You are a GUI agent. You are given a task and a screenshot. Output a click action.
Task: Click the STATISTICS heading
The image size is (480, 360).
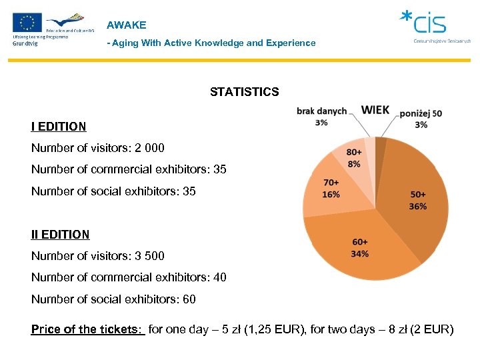click(244, 92)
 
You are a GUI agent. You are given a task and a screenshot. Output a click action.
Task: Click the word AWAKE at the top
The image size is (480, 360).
click(126, 25)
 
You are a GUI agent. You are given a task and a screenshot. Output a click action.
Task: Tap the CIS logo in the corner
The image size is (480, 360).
click(431, 25)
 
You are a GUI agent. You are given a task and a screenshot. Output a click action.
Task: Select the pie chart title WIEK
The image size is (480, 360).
click(375, 110)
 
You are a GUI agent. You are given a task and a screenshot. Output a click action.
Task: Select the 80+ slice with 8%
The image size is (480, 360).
click(354, 158)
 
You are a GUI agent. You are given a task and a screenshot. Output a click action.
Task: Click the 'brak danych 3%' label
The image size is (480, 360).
click(321, 116)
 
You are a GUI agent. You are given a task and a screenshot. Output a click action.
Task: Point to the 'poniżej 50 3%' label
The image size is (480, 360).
click(421, 119)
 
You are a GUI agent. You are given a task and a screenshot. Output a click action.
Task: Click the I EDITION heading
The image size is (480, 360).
click(59, 127)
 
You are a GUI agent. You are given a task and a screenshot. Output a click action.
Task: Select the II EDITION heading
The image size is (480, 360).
click(60, 235)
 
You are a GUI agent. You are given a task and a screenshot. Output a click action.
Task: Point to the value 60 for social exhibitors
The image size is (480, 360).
click(189, 299)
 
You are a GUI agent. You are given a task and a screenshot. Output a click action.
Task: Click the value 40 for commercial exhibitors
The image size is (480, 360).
click(219, 277)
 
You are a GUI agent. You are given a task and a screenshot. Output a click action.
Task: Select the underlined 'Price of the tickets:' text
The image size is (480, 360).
click(88, 329)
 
